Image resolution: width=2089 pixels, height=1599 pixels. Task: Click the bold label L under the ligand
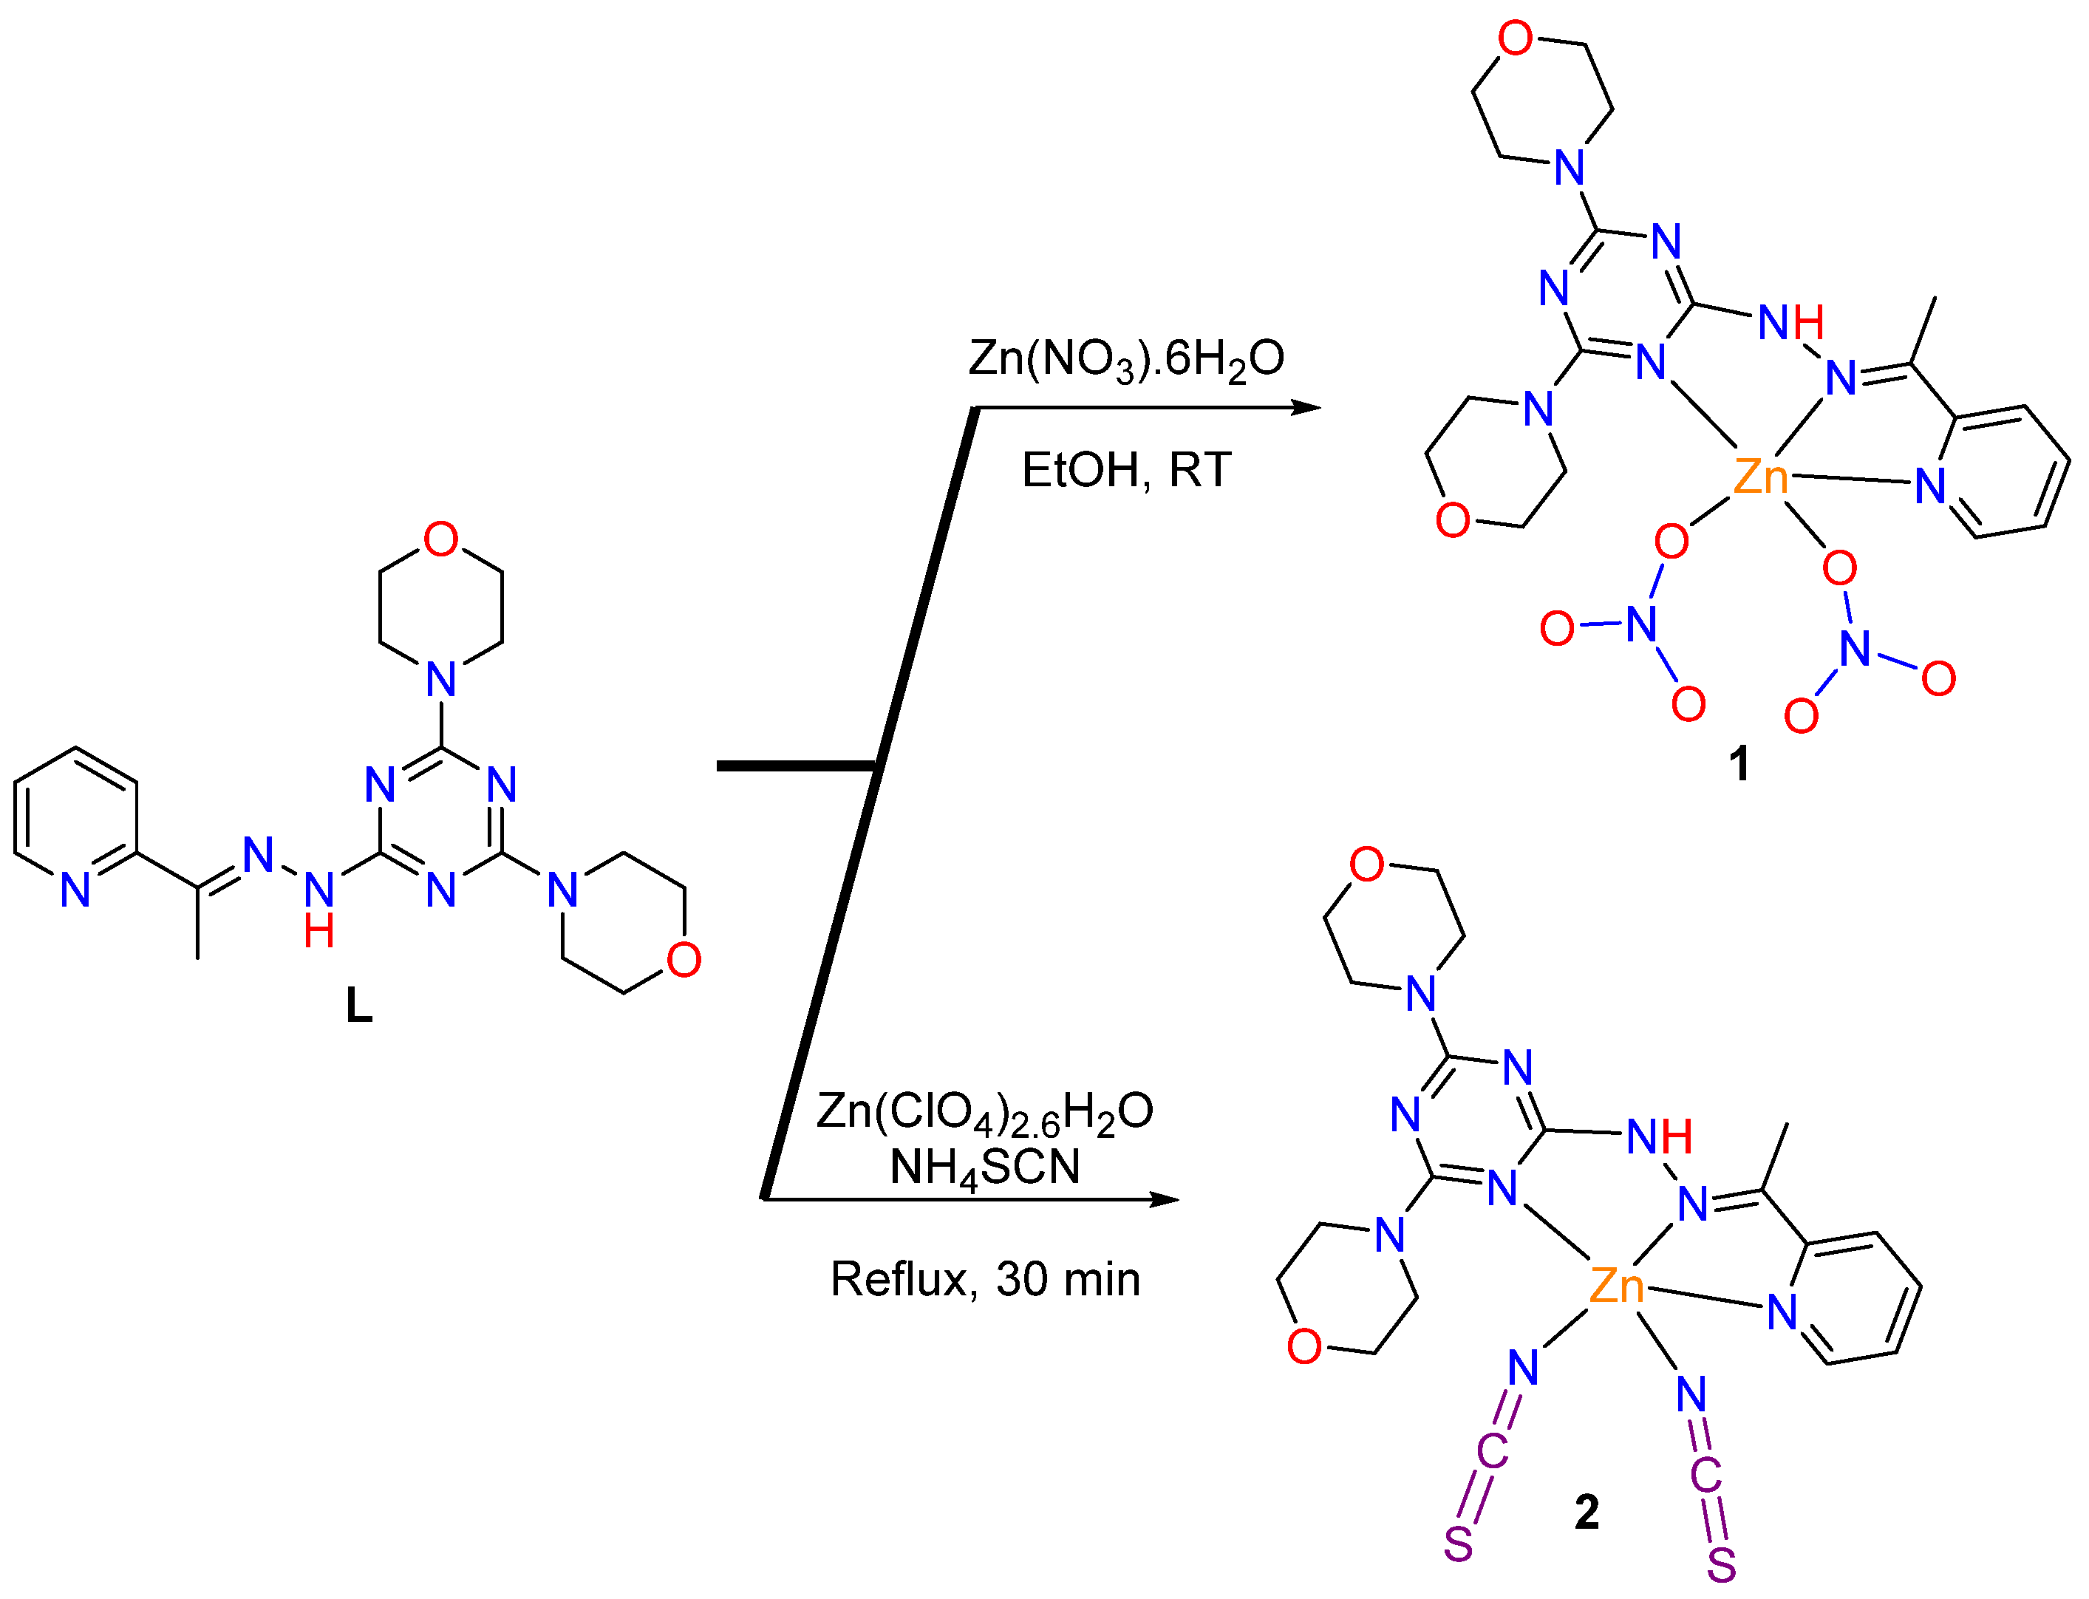click(x=359, y=1005)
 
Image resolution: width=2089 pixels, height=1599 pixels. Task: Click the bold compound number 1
click(x=1739, y=763)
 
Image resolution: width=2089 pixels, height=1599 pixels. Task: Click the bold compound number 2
click(x=1587, y=1511)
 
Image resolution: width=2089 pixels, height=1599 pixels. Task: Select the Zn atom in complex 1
click(x=1759, y=477)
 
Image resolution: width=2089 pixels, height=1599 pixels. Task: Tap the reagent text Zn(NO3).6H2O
click(x=1126, y=360)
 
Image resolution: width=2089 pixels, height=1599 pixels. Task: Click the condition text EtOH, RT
click(x=1126, y=470)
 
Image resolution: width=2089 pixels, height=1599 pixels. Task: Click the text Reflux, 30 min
click(x=985, y=1279)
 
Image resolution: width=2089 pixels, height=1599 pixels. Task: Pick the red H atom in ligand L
click(x=318, y=931)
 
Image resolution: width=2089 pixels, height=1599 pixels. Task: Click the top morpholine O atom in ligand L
click(x=440, y=539)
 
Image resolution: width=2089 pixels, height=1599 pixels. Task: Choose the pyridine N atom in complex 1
click(x=1930, y=486)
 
